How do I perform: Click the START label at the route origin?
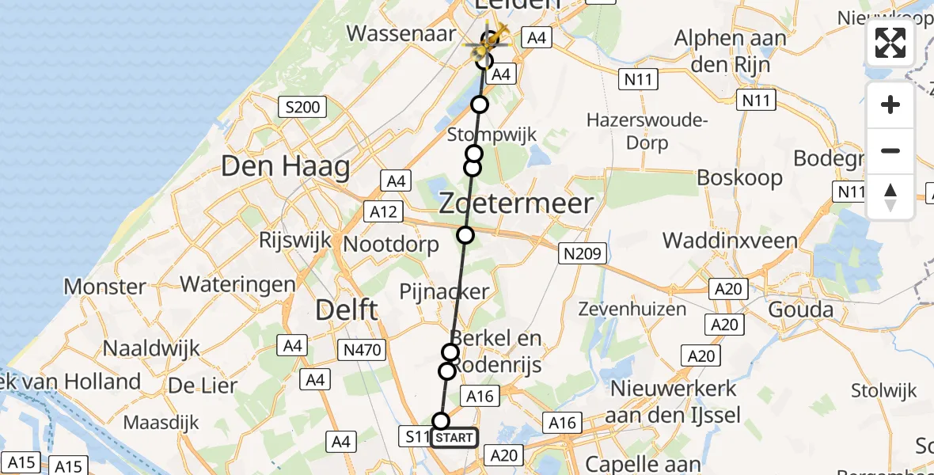pyautogui.click(x=454, y=438)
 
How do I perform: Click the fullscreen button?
pyautogui.click(x=890, y=43)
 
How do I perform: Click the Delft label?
pyautogui.click(x=347, y=310)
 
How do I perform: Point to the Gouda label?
pyautogui.click(x=804, y=310)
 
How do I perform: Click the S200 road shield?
pyautogui.click(x=302, y=106)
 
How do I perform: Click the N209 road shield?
pyautogui.click(x=583, y=254)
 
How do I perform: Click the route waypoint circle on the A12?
pyautogui.click(x=465, y=235)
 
